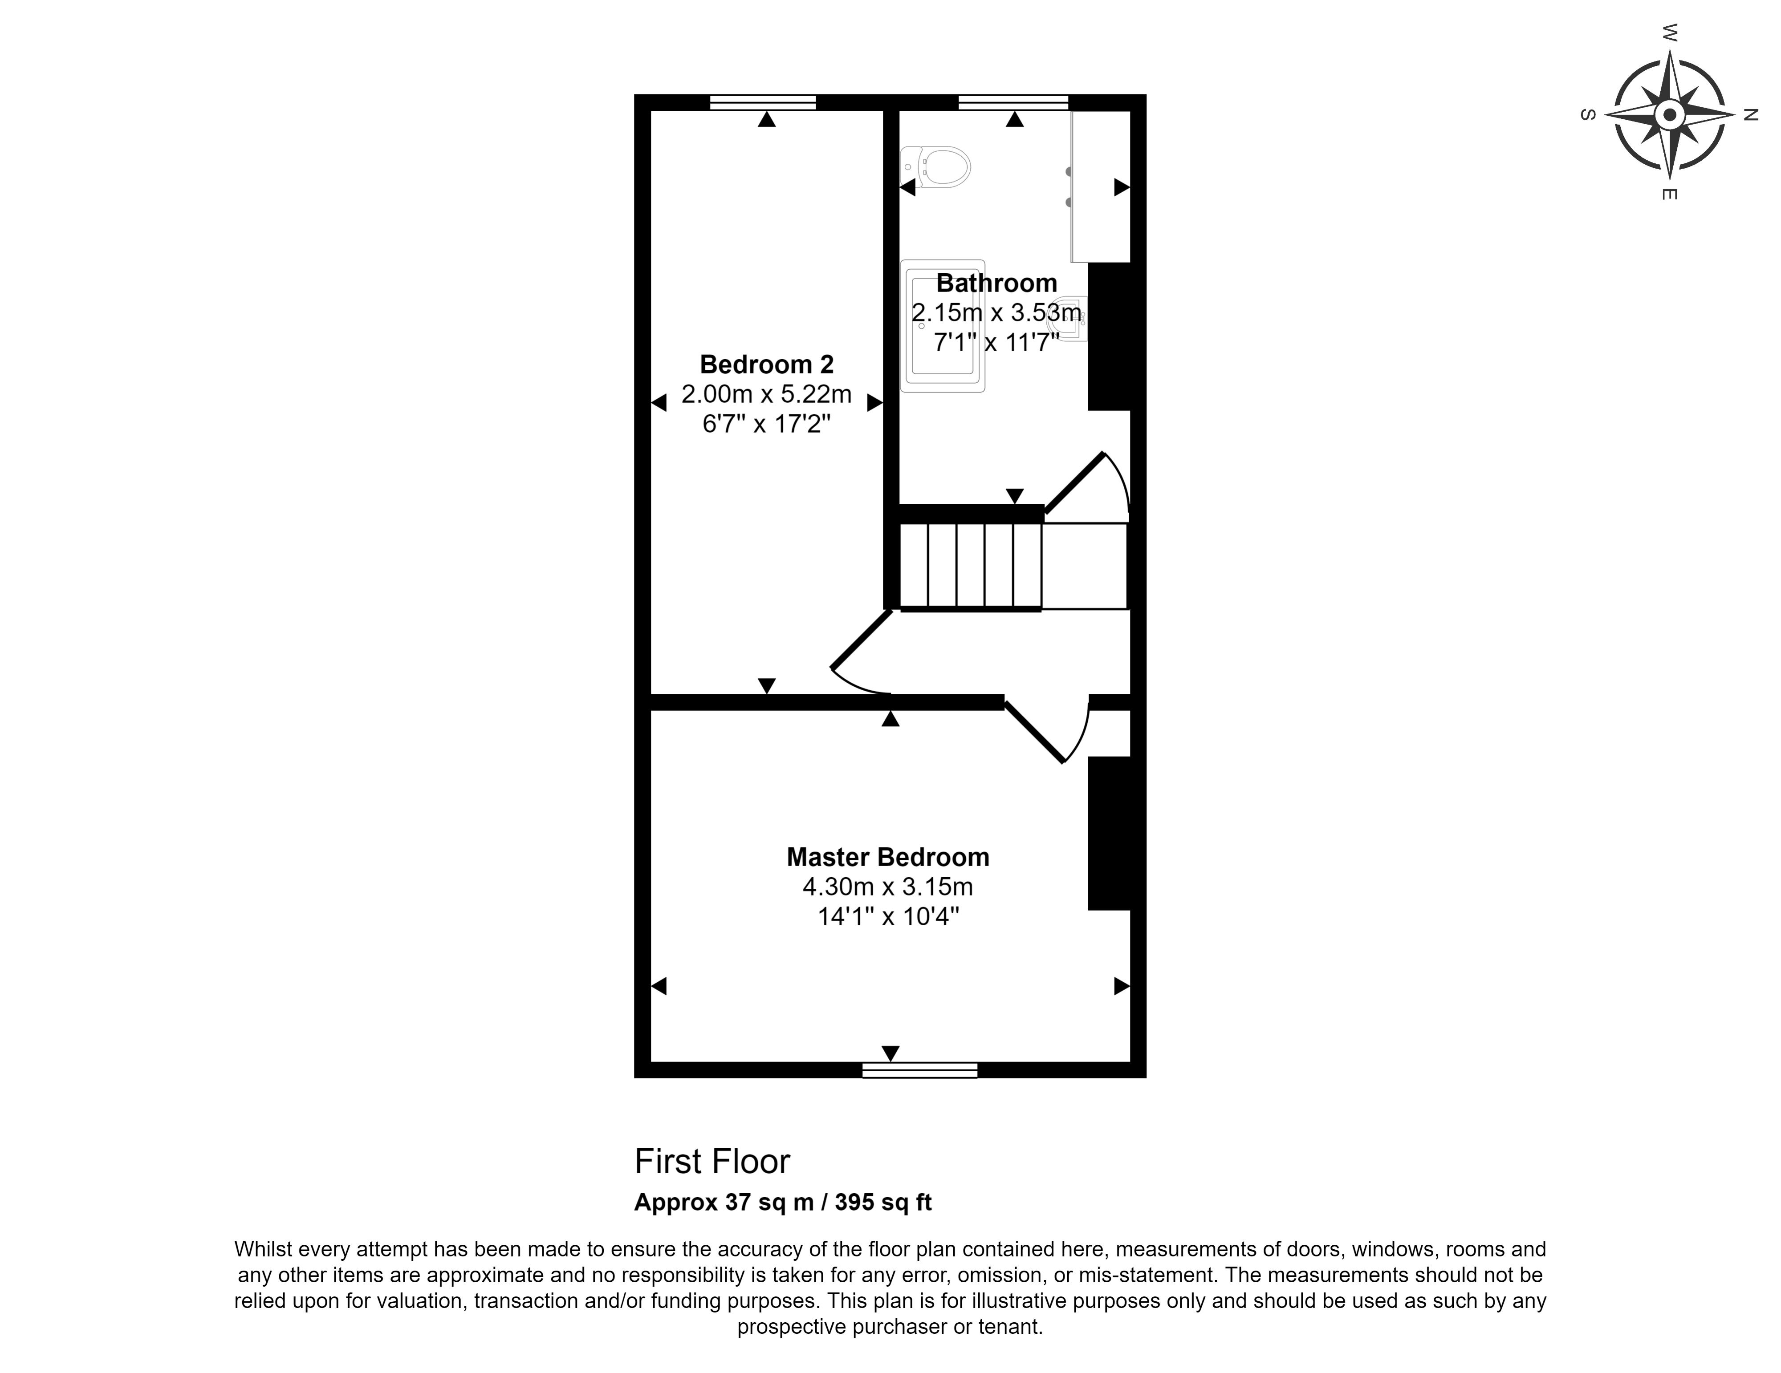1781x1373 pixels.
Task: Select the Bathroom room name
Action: click(996, 283)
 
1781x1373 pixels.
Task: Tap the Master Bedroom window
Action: click(920, 1070)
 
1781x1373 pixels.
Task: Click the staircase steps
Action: click(970, 566)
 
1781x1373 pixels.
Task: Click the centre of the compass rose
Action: click(1669, 115)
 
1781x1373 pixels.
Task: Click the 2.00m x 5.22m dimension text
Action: click(767, 395)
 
